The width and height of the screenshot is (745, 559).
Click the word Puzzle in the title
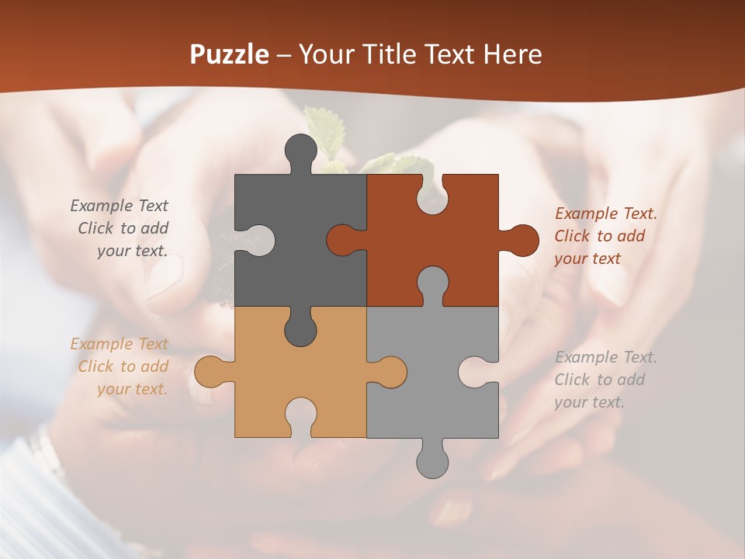point(230,54)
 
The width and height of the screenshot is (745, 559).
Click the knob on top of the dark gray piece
point(301,151)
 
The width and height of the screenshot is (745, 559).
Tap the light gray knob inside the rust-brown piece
point(432,283)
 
